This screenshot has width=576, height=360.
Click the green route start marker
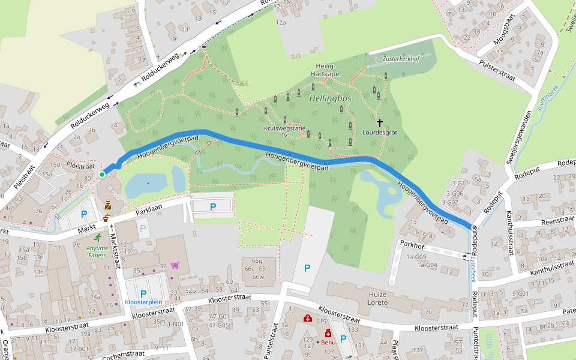pos(102,175)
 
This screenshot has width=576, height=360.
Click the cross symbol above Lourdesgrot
pos(379,122)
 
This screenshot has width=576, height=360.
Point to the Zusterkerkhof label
pos(401,59)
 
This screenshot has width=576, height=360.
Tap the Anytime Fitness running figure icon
pos(97,237)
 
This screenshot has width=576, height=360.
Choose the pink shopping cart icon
pos(175,265)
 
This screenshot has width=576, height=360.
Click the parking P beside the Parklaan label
pos(213,207)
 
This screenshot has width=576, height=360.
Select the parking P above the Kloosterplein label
pos(143,293)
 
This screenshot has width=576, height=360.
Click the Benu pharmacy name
pos(328,343)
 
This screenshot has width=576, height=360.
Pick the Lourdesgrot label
pos(380,133)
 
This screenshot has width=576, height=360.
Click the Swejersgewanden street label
pos(519,137)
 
